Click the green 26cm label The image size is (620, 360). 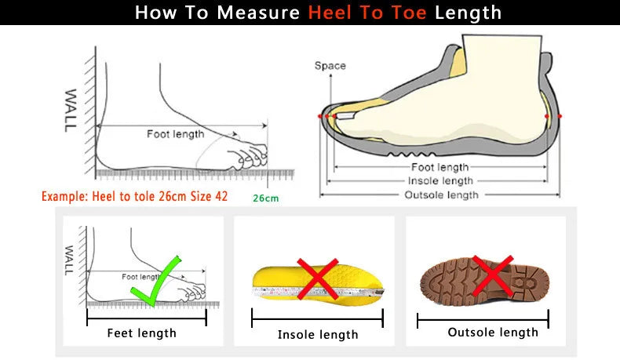pyautogui.click(x=265, y=198)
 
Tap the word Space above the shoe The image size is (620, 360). pyautogui.click(x=330, y=66)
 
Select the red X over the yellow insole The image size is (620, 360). pyautogui.click(x=317, y=278)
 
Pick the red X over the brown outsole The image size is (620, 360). pyautogui.click(x=492, y=276)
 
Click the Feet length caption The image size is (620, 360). pyautogui.click(x=142, y=333)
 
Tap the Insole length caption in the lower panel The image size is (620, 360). pyautogui.click(x=318, y=335)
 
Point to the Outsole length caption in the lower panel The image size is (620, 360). pyautogui.click(x=493, y=333)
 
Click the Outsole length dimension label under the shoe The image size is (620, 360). pyautogui.click(x=439, y=195)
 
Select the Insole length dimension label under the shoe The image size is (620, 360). pyautogui.click(x=439, y=181)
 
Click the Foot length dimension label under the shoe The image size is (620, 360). pyautogui.click(x=439, y=167)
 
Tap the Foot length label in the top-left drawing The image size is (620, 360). pyautogui.click(x=175, y=134)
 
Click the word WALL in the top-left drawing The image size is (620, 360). pyautogui.click(x=70, y=111)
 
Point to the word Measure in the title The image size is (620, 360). pyautogui.click(x=259, y=13)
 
